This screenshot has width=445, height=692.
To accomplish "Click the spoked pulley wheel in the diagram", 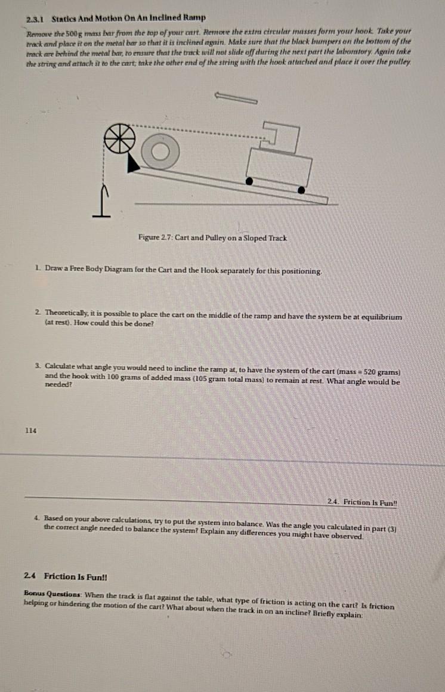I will [119, 138].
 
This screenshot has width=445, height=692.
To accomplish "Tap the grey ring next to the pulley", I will [159, 152].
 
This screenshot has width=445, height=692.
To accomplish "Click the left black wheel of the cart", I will [249, 180].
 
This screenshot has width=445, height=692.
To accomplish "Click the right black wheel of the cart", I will [301, 190].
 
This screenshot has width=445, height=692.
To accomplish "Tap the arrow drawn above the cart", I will [236, 97].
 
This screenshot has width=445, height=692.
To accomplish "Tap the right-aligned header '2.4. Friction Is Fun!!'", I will [362, 503].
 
